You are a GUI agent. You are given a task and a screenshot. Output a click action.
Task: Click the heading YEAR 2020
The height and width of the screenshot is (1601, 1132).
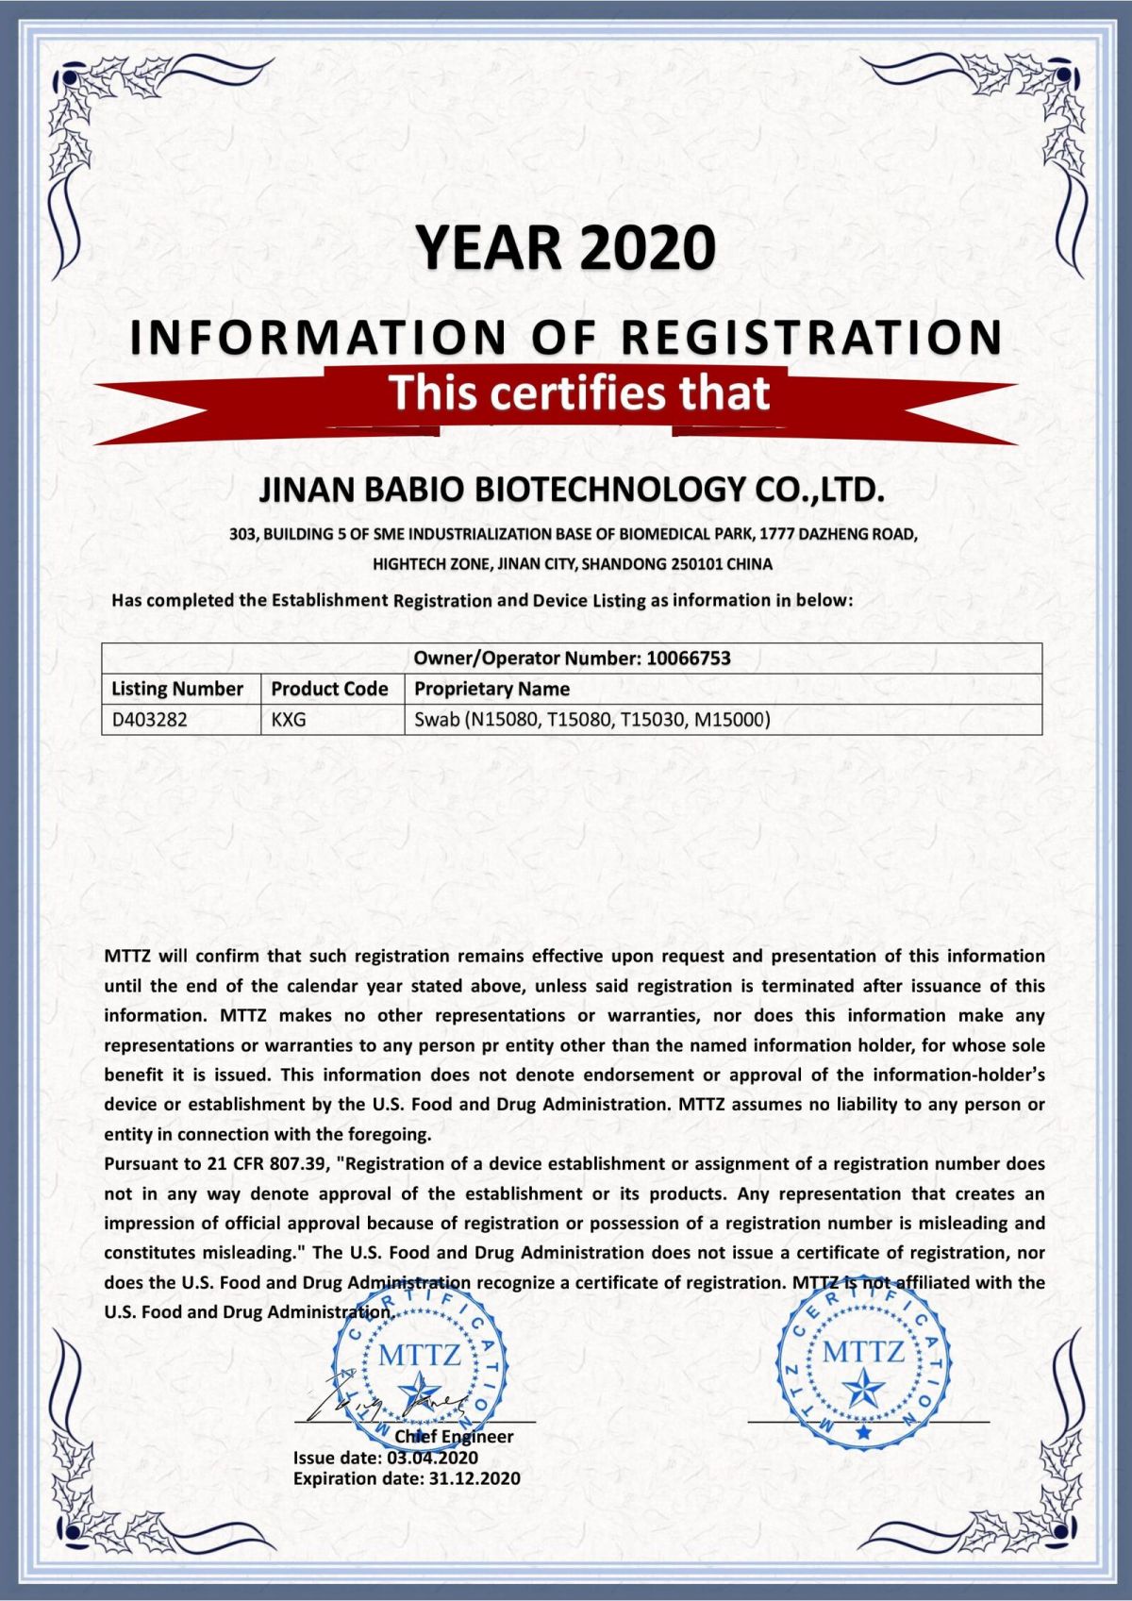point(566,248)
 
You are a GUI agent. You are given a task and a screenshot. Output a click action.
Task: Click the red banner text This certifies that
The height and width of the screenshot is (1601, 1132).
point(579,392)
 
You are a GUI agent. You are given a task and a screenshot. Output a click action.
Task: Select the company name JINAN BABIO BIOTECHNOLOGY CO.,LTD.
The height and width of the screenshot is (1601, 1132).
point(572,490)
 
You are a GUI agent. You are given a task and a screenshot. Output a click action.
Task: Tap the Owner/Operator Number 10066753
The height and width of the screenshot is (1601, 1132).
point(688,659)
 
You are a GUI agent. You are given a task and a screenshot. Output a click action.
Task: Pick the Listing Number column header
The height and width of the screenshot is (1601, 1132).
point(177,689)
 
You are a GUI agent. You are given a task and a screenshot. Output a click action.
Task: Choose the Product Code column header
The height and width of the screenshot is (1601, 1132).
point(329,689)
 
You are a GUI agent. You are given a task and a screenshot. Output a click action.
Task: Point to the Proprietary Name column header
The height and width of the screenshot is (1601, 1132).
point(491,689)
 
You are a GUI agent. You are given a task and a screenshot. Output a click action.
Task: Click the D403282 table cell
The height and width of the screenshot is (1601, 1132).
point(150,720)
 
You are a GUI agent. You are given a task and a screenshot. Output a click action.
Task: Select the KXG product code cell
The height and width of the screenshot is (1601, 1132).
point(289,720)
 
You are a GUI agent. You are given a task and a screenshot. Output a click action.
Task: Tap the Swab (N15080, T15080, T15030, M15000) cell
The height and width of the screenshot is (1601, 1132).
point(592,720)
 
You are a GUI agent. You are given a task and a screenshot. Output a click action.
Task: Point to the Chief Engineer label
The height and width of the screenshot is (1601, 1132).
point(454,1437)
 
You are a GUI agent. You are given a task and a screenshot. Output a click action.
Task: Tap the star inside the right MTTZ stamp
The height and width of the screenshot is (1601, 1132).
point(863,1390)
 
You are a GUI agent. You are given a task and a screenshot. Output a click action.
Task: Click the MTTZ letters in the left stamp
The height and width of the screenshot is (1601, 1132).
point(419,1356)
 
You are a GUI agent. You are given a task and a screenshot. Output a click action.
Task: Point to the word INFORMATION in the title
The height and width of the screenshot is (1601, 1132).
point(319,338)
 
